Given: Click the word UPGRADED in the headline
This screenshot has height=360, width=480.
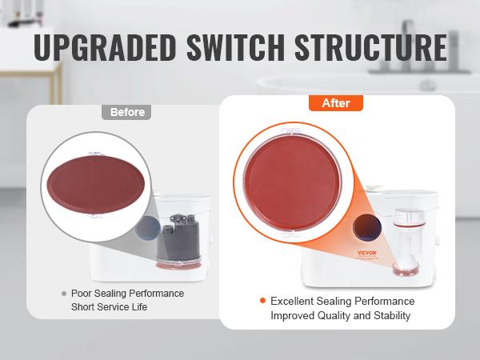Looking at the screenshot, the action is [x=104, y=47].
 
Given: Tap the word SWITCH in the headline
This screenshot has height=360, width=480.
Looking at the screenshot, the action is [x=236, y=47].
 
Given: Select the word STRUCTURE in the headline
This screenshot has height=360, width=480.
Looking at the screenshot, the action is [x=371, y=47].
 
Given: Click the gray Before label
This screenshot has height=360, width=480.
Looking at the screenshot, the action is [x=126, y=112].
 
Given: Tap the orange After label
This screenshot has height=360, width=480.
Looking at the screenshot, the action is [x=336, y=103].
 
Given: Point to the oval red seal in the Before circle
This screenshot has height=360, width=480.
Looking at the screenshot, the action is [x=96, y=184].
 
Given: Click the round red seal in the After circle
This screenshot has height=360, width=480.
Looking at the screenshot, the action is [x=292, y=182].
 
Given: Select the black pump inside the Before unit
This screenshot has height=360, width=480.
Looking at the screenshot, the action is [x=178, y=238].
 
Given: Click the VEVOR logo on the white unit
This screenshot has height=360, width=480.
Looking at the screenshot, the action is [x=367, y=253].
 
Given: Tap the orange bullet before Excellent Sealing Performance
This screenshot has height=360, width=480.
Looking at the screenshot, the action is [x=262, y=301].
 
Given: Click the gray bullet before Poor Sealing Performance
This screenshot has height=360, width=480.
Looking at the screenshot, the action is [x=64, y=294].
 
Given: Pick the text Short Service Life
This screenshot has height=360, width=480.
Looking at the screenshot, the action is [x=109, y=306].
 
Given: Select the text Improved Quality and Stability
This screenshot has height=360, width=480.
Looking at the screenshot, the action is [x=341, y=315].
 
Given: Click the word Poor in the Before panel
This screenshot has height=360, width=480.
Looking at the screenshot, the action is [x=81, y=294].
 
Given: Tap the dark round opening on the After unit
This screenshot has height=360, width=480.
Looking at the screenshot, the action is [x=366, y=227].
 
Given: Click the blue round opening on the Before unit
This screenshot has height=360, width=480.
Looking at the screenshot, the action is [x=148, y=228].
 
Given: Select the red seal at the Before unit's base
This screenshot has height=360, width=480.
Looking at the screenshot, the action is [x=178, y=264].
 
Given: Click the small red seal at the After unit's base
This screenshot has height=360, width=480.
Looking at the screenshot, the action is [x=405, y=269].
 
